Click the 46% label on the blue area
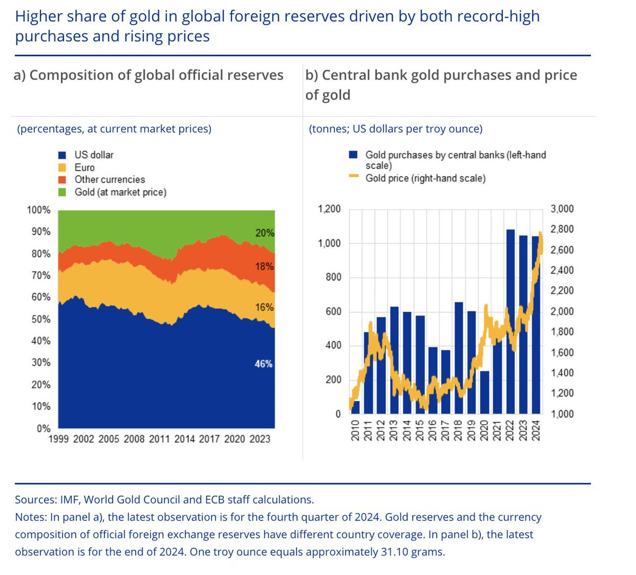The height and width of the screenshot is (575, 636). point(263,364)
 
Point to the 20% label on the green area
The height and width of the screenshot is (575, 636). point(264,233)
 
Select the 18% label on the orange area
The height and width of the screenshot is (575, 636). point(264,266)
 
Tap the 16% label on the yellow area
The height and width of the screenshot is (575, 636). point(264,307)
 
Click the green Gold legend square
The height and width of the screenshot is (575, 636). point(63,192)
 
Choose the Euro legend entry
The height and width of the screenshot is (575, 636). point(84,167)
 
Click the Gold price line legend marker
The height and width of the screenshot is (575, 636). point(354,177)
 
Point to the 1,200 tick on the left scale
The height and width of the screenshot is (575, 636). point(329,209)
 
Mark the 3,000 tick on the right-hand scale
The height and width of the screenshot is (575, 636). point(562,209)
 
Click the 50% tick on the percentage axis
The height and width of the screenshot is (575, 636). point(41,319)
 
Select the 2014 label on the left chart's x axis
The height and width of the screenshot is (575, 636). point(184,439)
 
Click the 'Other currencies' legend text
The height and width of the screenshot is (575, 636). point(110,179)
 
